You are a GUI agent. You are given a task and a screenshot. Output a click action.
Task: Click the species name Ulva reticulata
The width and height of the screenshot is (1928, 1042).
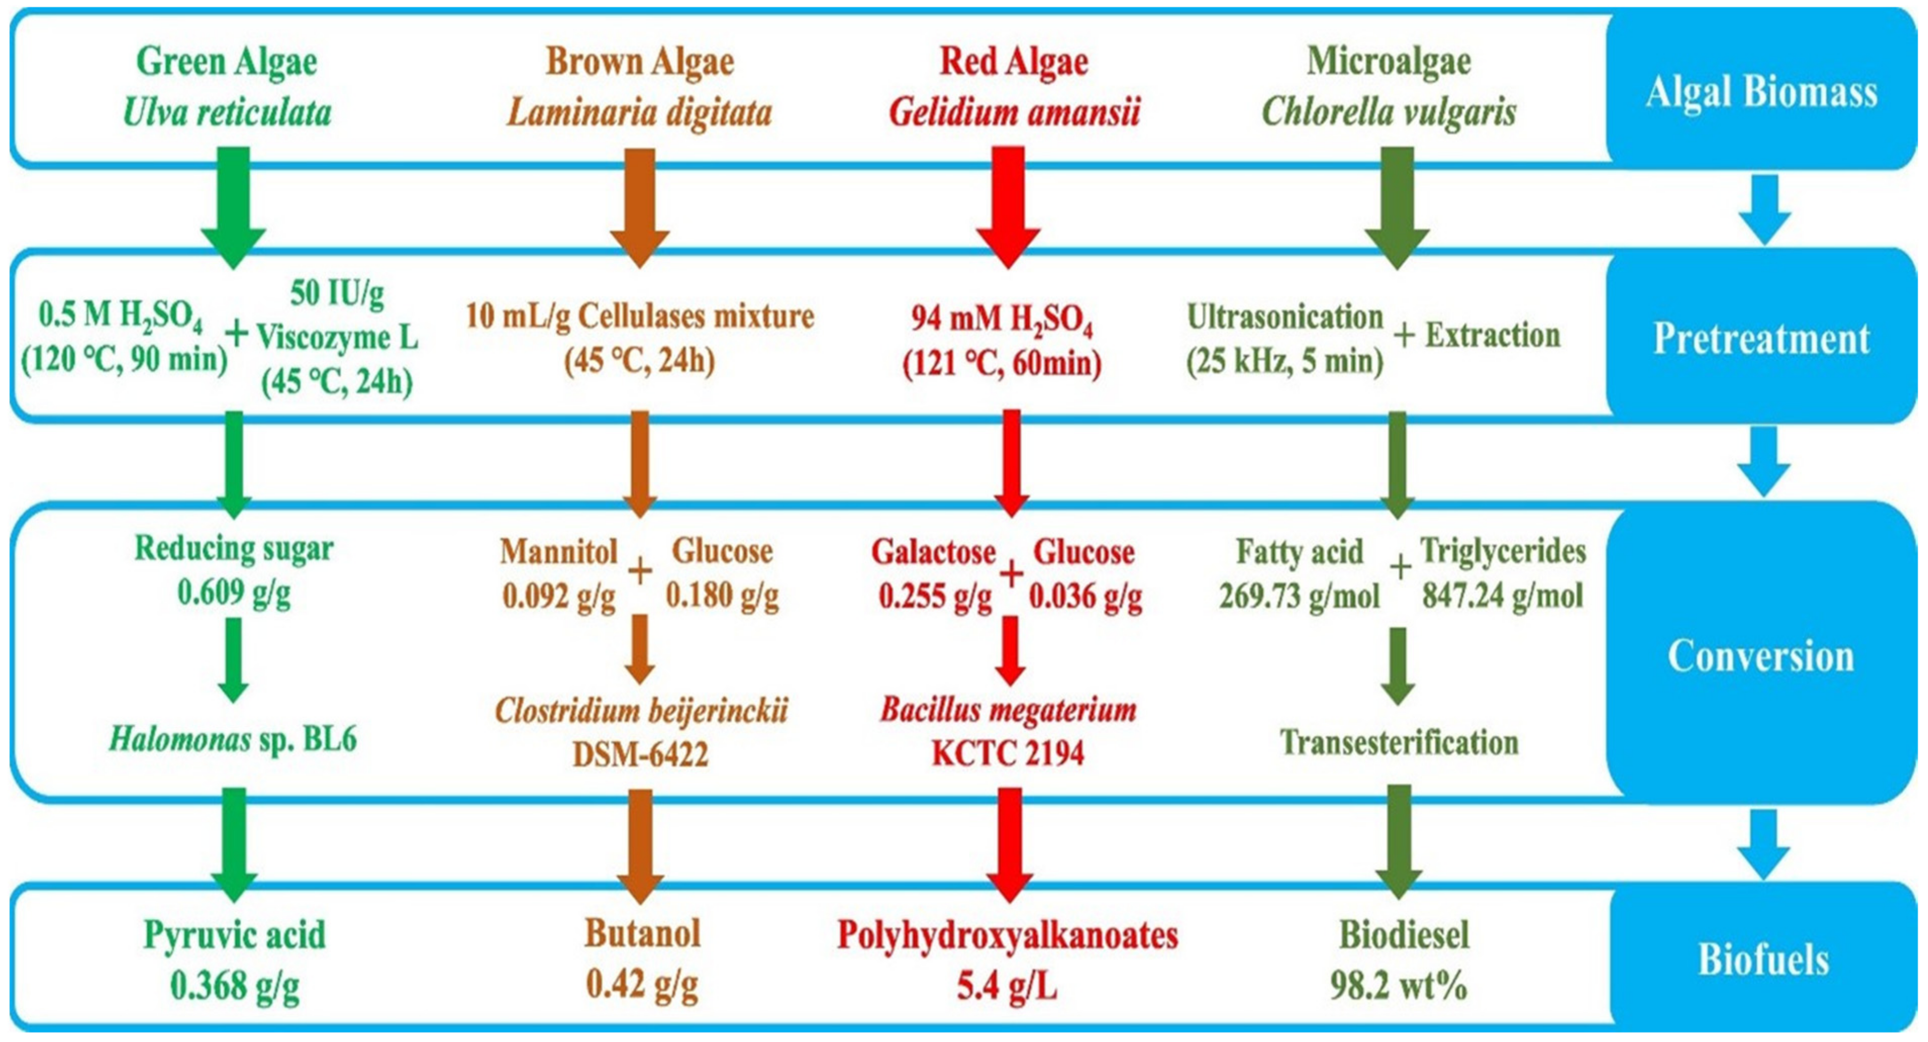tap(227, 114)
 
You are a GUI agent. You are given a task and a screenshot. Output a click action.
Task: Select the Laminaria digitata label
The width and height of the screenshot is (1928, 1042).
tap(639, 114)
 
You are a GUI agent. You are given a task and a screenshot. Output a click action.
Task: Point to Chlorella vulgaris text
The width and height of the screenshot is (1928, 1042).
tap(1389, 114)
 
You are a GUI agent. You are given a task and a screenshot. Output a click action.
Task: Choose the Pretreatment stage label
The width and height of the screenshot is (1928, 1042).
tap(1761, 338)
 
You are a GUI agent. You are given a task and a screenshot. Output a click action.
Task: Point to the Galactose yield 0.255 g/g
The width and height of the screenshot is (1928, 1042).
tap(935, 597)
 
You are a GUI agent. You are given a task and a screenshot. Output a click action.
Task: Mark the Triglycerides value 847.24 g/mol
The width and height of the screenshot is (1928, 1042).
tap(1503, 597)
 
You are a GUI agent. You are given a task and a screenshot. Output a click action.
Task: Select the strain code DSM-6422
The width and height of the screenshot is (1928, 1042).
tap(640, 755)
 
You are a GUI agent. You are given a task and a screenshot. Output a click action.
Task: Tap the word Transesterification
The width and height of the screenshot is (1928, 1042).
tap(1399, 742)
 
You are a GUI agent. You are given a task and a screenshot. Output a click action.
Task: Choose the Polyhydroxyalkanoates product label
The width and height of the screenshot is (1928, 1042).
tap(1007, 935)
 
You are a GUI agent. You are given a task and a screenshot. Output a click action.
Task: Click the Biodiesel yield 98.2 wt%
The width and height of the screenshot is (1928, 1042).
tap(1398, 986)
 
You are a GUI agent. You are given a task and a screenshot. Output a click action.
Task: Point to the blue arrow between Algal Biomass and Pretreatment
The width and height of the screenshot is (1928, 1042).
tap(1764, 210)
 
